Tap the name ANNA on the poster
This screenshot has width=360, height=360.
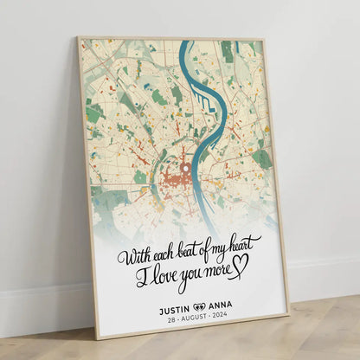(x=228, y=303)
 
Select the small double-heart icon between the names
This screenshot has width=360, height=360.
(x=202, y=305)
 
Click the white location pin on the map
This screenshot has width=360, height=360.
(x=183, y=170)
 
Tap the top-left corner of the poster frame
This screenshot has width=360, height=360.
(x=78, y=37)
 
